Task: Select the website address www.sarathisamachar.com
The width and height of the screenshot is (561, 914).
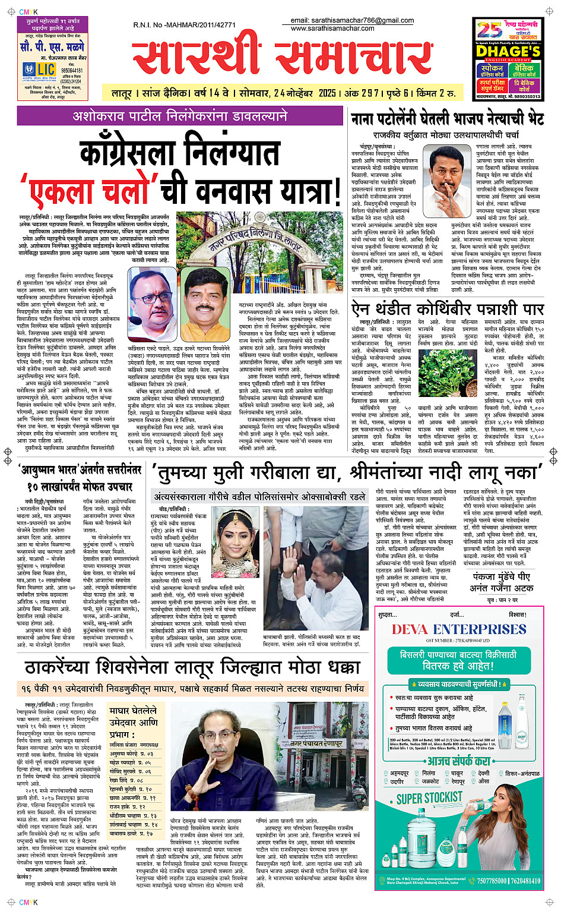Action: coord(332,28)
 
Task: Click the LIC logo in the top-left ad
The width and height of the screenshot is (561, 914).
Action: coord(40,70)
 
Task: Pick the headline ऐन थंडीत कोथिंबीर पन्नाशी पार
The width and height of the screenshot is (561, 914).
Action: coord(447,309)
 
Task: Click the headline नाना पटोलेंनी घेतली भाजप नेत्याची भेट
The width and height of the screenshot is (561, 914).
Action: coord(447,119)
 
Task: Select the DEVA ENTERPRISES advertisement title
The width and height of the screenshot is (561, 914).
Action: coord(459,630)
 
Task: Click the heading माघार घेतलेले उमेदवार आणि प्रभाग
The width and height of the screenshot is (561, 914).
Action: coord(133,722)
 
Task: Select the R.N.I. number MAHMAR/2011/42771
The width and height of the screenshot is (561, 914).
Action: coord(184,25)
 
